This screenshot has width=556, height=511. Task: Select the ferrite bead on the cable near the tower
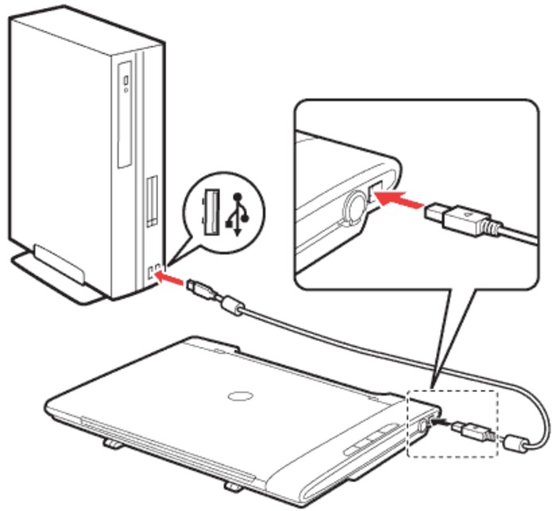[232, 303]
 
